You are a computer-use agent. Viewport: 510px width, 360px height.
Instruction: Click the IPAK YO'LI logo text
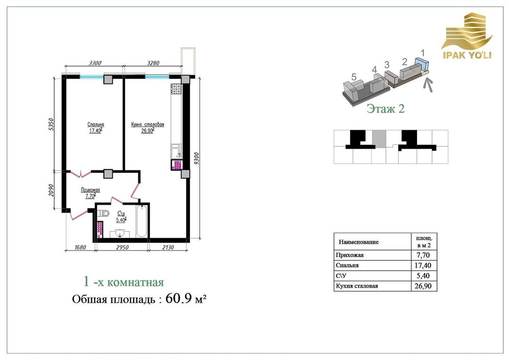[467, 55]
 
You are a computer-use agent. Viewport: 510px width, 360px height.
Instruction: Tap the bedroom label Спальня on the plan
[95, 125]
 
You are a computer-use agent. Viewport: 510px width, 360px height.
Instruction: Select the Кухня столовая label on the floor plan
[147, 125]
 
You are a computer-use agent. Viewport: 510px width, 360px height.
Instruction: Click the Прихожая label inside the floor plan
[90, 190]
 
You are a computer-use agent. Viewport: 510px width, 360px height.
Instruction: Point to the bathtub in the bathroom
[142, 221]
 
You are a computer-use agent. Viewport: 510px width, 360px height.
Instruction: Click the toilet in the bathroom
[104, 213]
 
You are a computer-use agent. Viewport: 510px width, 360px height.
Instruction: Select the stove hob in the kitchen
[176, 89]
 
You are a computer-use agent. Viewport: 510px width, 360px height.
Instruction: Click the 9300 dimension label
[196, 158]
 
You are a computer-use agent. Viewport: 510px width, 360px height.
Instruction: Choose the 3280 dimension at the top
[153, 63]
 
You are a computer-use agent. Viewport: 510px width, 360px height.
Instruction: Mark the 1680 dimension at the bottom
[80, 248]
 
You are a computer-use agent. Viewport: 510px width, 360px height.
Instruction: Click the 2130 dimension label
[168, 248]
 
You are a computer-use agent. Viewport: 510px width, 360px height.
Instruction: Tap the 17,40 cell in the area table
[423, 266]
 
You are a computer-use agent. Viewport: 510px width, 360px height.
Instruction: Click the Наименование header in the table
[358, 242]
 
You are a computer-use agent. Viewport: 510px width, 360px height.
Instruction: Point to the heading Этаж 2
[385, 109]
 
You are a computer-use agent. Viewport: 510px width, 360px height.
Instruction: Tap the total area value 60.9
[179, 298]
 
